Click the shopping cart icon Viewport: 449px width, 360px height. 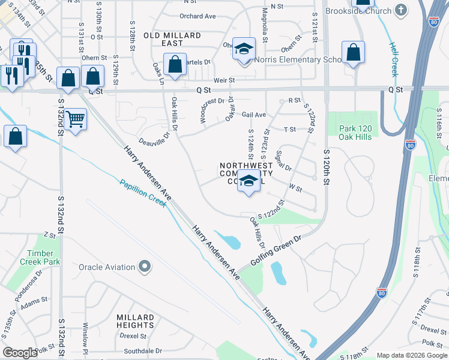point(75,119)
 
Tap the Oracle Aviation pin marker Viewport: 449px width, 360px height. point(144,266)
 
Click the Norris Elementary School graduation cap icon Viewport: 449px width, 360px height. point(244,49)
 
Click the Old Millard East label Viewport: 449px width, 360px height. point(172,40)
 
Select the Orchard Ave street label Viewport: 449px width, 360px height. point(197,16)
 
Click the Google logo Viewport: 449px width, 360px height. point(20,353)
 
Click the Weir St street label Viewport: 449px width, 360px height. point(223,80)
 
